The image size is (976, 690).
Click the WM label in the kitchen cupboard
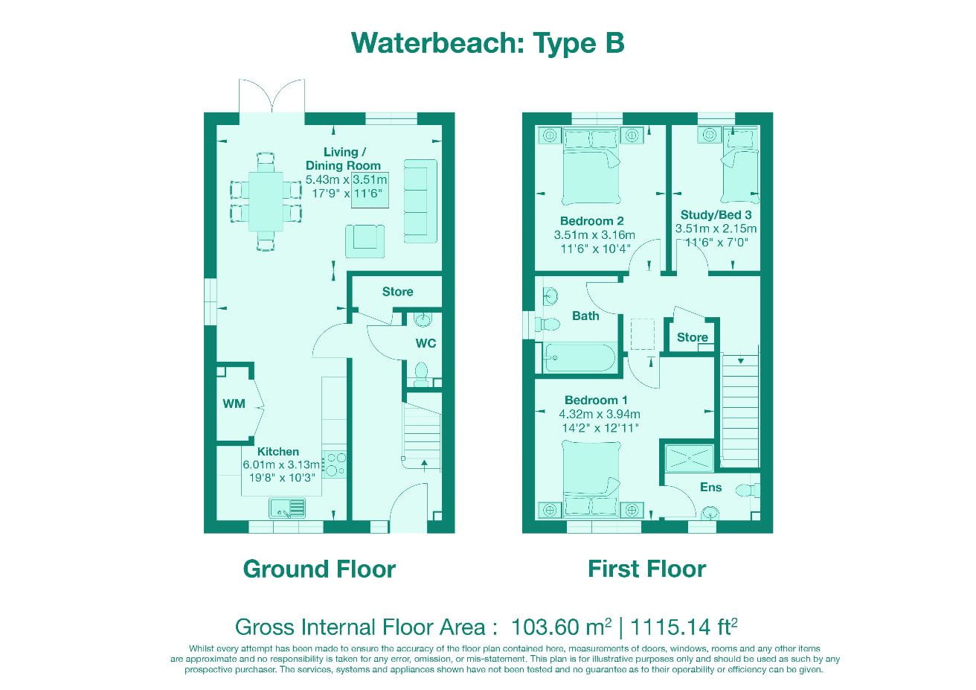click(x=234, y=404)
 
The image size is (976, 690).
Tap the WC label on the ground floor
click(x=426, y=343)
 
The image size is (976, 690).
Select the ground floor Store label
click(x=397, y=292)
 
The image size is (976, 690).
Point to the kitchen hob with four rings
click(x=335, y=464)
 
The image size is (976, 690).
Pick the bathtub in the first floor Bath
click(x=579, y=358)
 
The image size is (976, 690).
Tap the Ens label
click(x=710, y=488)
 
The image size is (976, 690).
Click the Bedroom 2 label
click(x=591, y=221)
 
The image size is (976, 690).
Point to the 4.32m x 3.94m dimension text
click(x=599, y=415)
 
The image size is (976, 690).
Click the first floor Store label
click(x=692, y=338)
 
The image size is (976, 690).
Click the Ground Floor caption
click(x=319, y=569)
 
